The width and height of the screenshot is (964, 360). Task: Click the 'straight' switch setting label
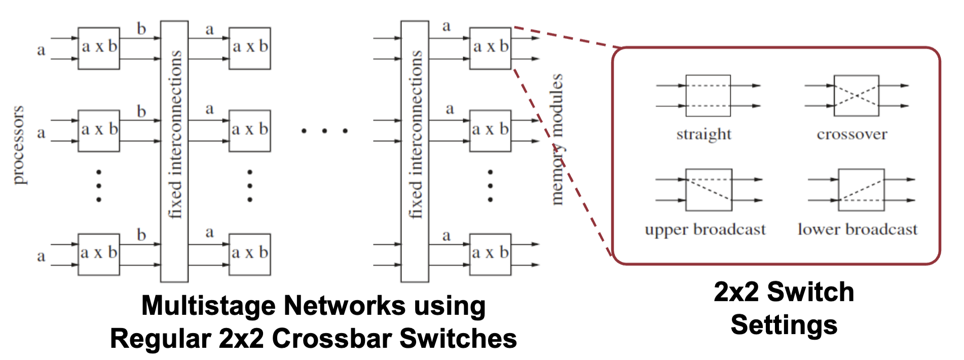(x=703, y=134)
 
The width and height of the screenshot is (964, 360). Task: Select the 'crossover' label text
(x=851, y=134)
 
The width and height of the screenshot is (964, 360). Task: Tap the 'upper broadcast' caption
(x=705, y=230)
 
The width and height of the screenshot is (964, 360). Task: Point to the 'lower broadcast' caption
(x=858, y=230)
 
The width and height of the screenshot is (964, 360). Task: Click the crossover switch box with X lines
(x=856, y=96)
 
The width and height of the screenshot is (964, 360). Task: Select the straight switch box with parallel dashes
(x=708, y=96)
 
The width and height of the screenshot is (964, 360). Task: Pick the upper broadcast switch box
(x=709, y=190)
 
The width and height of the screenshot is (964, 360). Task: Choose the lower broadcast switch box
(x=861, y=190)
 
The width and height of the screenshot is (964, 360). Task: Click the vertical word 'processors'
(x=18, y=145)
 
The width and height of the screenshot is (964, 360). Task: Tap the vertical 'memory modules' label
(x=557, y=139)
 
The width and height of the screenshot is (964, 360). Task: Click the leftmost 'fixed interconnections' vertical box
(x=174, y=151)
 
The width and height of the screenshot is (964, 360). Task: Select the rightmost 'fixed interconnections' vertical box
(x=415, y=151)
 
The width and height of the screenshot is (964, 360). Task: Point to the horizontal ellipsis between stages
(x=324, y=131)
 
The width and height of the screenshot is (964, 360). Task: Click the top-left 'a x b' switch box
(x=99, y=48)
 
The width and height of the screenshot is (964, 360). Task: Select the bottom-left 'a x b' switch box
(x=99, y=254)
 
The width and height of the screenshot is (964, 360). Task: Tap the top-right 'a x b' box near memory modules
(x=490, y=48)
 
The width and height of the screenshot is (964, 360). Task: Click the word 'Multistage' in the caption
(x=208, y=306)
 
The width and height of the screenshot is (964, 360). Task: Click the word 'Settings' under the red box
(x=784, y=325)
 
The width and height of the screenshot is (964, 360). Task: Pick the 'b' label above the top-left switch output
(x=141, y=29)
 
